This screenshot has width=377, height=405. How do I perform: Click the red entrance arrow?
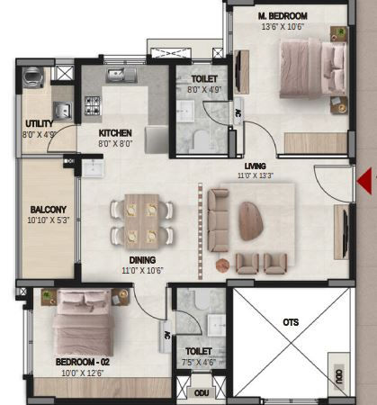364,181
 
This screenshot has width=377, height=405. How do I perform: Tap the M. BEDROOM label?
283,16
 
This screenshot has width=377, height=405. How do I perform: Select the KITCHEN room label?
115,133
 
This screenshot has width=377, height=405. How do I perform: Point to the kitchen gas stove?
93,105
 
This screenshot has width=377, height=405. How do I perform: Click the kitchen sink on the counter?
121,76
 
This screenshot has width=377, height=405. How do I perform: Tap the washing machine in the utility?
33,77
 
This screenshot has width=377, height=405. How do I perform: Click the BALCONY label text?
49,210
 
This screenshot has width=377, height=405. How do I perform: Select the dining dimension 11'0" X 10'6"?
142,271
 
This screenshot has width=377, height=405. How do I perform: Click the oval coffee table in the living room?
251,221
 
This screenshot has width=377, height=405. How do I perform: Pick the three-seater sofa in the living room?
218,220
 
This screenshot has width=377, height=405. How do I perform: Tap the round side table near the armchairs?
223,265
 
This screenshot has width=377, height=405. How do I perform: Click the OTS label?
291,322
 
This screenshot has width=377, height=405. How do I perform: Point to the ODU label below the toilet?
202,393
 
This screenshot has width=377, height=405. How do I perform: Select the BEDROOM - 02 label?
83,362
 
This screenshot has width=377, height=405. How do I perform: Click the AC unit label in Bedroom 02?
167,336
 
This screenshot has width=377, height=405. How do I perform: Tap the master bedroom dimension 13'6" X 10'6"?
283,27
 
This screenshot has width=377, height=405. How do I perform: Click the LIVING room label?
256,166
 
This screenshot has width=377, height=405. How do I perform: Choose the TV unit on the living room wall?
342,231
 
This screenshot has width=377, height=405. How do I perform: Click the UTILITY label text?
40,123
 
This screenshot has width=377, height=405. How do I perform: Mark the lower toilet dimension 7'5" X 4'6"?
199,363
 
